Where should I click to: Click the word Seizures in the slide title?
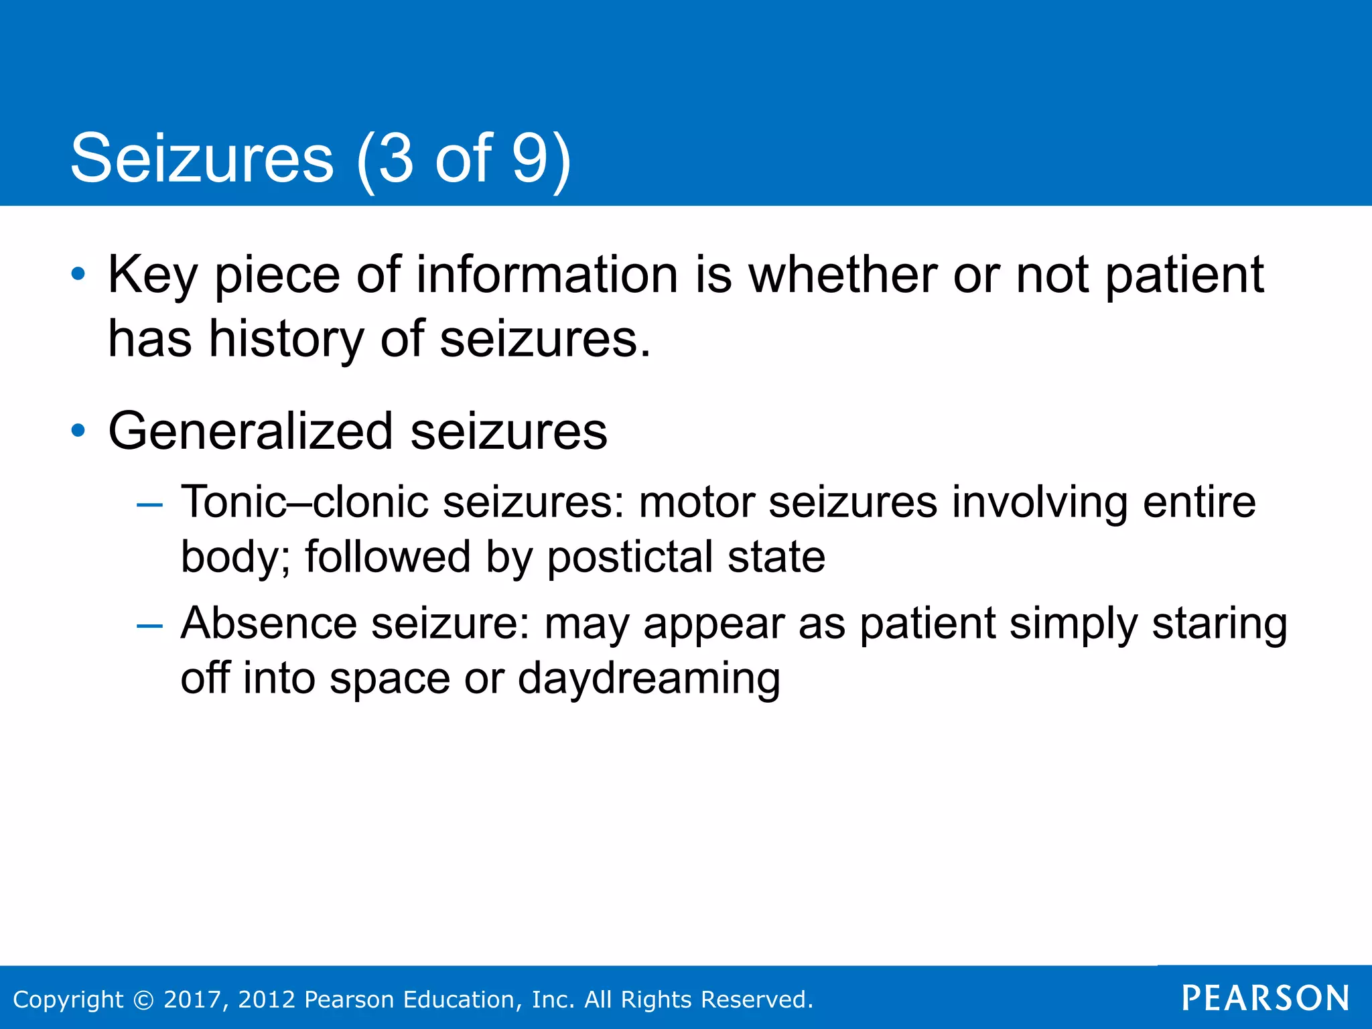pyautogui.click(x=202, y=159)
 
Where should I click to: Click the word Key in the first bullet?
pyautogui.click(x=153, y=275)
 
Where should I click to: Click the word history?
pyautogui.click(x=286, y=338)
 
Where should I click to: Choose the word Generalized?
pyautogui.click(x=251, y=431)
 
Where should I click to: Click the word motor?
pyautogui.click(x=696, y=502)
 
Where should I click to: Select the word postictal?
pyautogui.click(x=630, y=557)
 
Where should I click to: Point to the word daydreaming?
pyautogui.click(x=648, y=679)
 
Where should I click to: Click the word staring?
pyautogui.click(x=1219, y=624)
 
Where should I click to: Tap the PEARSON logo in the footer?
pyautogui.click(x=1265, y=998)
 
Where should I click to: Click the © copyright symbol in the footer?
pyautogui.click(x=143, y=1000)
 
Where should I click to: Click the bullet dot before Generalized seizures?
pyautogui.click(x=78, y=431)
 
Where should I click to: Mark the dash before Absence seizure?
pyautogui.click(x=149, y=626)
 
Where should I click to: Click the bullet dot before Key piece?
pyautogui.click(x=78, y=274)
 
